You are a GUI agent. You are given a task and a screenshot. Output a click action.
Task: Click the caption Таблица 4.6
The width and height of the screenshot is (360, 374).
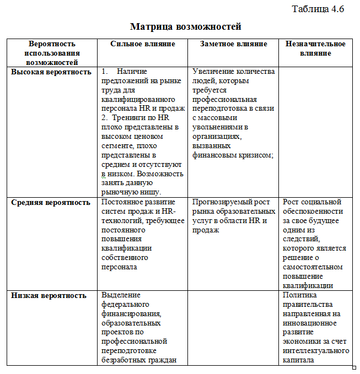pyautogui.click(x=318, y=9)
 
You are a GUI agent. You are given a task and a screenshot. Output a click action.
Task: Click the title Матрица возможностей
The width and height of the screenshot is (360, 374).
pyautogui.click(x=186, y=26)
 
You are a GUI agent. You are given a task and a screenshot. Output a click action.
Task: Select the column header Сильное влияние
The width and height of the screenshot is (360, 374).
pyautogui.click(x=143, y=44)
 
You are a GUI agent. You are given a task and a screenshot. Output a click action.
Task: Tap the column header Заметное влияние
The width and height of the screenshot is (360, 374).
pyautogui.click(x=234, y=44)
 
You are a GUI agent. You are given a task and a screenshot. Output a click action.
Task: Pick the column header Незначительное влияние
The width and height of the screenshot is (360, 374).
pyautogui.click(x=315, y=48)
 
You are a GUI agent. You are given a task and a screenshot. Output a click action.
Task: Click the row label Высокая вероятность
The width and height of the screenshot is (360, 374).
pyautogui.click(x=51, y=72)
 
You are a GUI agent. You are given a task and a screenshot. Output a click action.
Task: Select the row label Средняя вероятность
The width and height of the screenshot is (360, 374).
pyautogui.click(x=51, y=203)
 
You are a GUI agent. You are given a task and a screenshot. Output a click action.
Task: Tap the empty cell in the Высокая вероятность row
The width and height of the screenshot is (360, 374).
pyautogui.click(x=315, y=131)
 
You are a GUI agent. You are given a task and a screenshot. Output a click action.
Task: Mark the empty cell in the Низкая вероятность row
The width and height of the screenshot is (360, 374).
pyautogui.click(x=234, y=327)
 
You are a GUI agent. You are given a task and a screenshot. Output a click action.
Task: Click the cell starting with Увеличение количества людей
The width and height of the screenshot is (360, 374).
pyautogui.click(x=234, y=113)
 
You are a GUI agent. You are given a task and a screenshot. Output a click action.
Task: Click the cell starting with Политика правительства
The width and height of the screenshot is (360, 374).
pyautogui.click(x=315, y=327)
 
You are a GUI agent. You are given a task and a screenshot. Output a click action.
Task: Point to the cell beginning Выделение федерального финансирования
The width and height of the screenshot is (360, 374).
pyautogui.click(x=143, y=327)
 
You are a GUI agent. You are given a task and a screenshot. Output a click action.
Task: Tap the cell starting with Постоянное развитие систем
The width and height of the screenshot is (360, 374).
pyautogui.click(x=143, y=235)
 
